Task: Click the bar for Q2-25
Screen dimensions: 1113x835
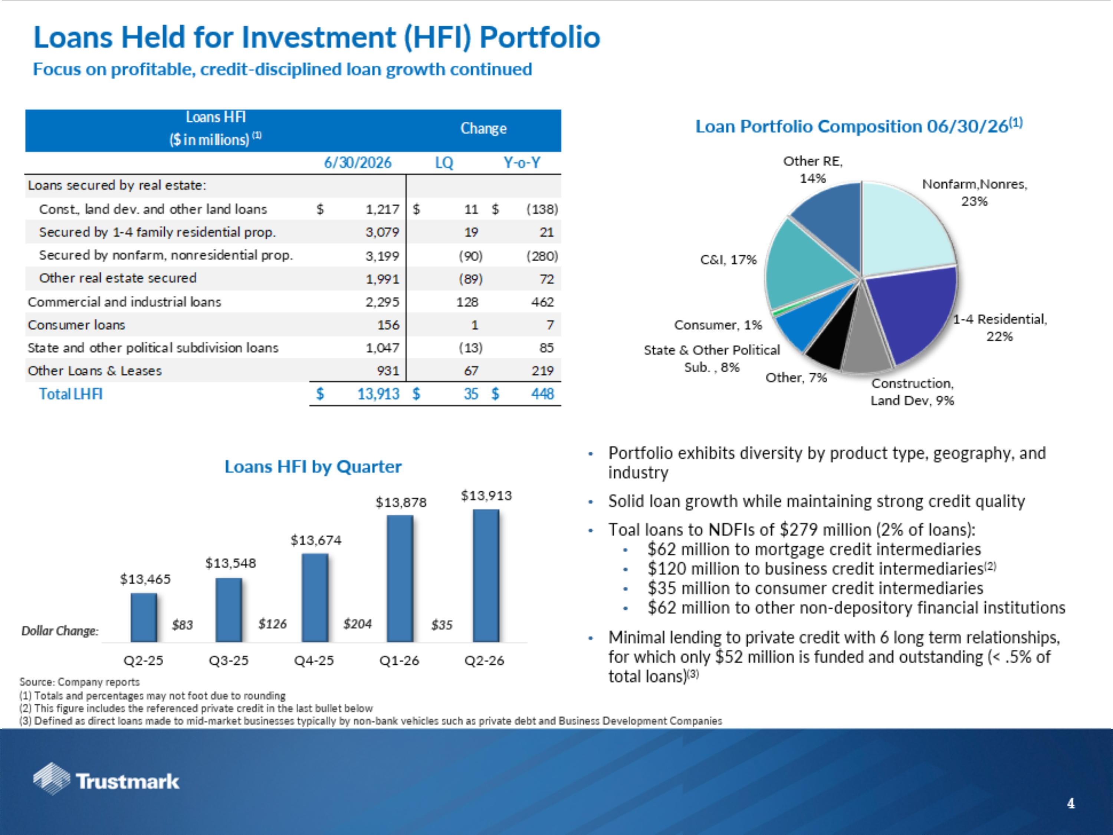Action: pyautogui.click(x=144, y=617)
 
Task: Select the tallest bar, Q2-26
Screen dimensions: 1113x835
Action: pyautogui.click(x=486, y=575)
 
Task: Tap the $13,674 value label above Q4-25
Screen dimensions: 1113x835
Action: pyautogui.click(x=316, y=540)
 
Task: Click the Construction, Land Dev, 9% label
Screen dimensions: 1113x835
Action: pyautogui.click(x=912, y=392)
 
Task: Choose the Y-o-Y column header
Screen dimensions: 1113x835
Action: pyautogui.click(x=522, y=163)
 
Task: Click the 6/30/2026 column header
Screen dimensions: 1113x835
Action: pyautogui.click(x=358, y=163)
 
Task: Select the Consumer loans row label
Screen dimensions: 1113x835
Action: pyautogui.click(x=76, y=325)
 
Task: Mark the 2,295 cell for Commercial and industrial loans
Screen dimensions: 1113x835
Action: pyautogui.click(x=383, y=302)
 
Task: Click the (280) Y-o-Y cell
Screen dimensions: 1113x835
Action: pyautogui.click(x=542, y=256)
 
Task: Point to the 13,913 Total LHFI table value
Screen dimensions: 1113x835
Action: pyautogui.click(x=378, y=394)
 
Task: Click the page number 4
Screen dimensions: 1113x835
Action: pyautogui.click(x=1071, y=803)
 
